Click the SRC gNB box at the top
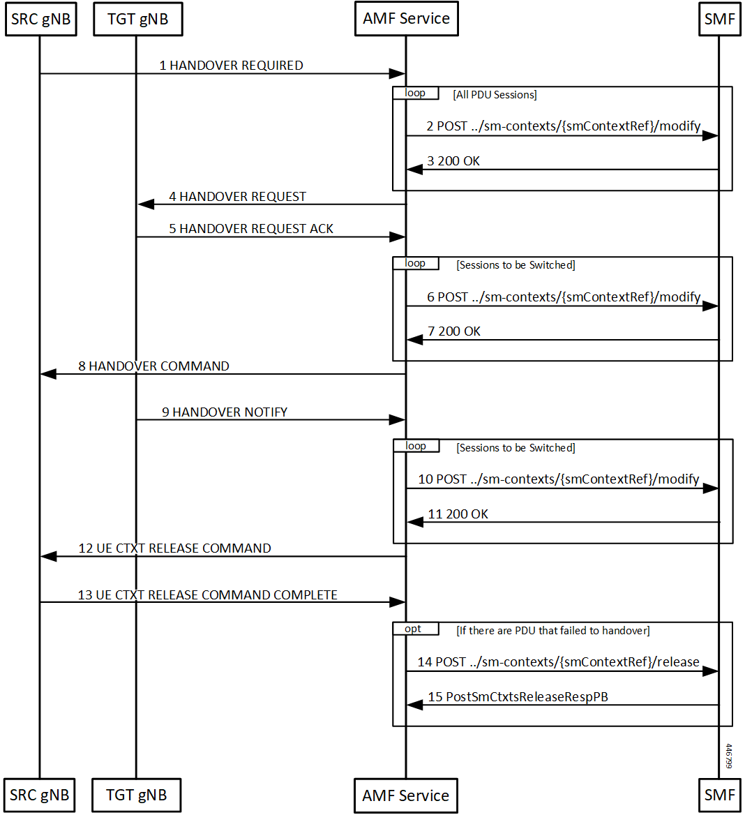[x=41, y=20]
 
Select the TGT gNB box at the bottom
[x=137, y=795]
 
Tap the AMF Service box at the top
[x=406, y=19]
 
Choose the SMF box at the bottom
[x=720, y=795]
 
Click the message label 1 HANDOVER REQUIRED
[x=231, y=66]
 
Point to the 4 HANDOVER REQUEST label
[x=237, y=197]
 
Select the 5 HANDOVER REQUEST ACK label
[x=251, y=229]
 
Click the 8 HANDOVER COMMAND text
[x=153, y=366]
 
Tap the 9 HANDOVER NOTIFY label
[x=225, y=412]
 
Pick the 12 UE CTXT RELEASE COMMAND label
[x=174, y=548]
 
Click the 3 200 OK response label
[x=453, y=161]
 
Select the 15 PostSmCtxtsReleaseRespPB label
[x=518, y=697]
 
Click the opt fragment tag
[x=413, y=629]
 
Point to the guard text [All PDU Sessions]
[x=495, y=95]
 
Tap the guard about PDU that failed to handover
[x=552, y=631]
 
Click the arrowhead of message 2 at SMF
[x=710, y=135]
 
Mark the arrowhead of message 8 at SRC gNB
[x=48, y=374]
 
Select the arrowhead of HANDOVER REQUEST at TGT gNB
[x=146, y=204]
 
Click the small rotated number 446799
[x=729, y=756]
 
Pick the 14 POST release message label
[x=559, y=662]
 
